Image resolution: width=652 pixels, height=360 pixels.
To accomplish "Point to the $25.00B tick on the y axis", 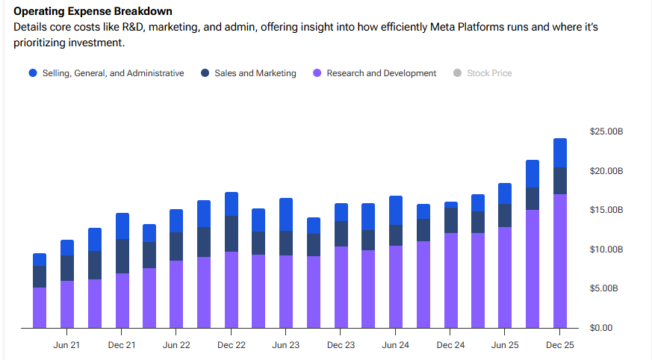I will (x=606, y=131).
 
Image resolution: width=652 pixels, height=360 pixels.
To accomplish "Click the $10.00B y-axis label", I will (x=606, y=249).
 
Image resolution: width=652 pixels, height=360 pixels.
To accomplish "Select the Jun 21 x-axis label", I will (x=67, y=345).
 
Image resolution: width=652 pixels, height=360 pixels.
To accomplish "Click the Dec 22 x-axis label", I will (x=232, y=345).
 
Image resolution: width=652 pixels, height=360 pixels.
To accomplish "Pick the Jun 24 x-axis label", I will (x=396, y=345).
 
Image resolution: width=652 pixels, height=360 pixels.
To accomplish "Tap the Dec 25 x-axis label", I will (x=560, y=345).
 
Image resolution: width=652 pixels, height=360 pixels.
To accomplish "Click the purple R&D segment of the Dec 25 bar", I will (x=560, y=261).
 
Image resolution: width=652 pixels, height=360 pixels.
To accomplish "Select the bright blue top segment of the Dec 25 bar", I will (x=560, y=152).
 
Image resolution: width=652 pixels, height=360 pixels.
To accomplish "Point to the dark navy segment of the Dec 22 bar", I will (x=232, y=234).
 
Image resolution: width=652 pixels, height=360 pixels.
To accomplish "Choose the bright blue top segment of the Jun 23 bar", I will (x=286, y=214).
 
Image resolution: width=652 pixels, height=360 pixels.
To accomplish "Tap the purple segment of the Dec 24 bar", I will (x=450, y=281).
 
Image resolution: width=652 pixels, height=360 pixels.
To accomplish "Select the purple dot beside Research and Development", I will (x=317, y=73).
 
